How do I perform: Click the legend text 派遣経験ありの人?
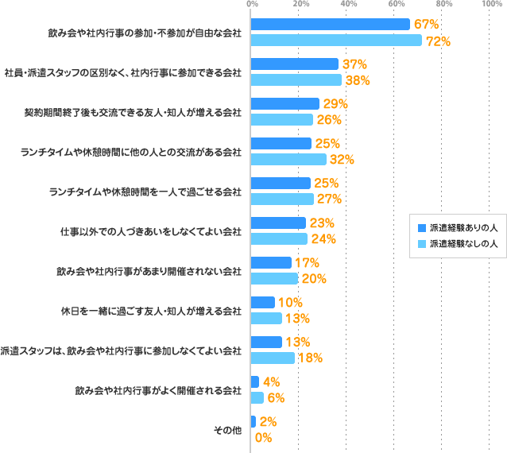(x=464, y=228)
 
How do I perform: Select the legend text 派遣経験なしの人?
(x=464, y=244)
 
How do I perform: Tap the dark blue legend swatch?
(x=422, y=228)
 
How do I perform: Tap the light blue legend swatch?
(x=422, y=244)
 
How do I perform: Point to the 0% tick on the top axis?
(x=253, y=5)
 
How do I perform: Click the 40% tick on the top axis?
(x=348, y=5)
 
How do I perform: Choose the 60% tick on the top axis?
(x=396, y=5)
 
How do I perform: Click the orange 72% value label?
(x=438, y=41)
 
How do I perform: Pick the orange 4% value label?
(x=270, y=381)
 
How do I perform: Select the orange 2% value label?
(x=268, y=422)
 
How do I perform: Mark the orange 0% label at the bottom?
(x=263, y=437)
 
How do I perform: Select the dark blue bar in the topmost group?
(x=331, y=25)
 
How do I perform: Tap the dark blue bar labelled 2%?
(x=282, y=422)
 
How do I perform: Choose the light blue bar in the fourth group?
(x=288, y=159)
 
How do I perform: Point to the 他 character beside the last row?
(x=237, y=430)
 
